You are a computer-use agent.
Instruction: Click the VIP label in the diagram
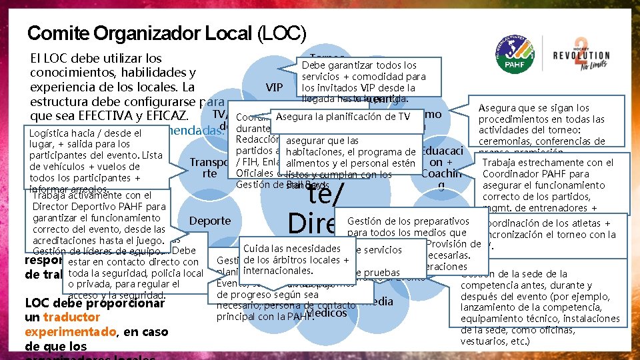coord(275,87)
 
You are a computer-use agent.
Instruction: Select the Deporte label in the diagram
coord(210,221)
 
